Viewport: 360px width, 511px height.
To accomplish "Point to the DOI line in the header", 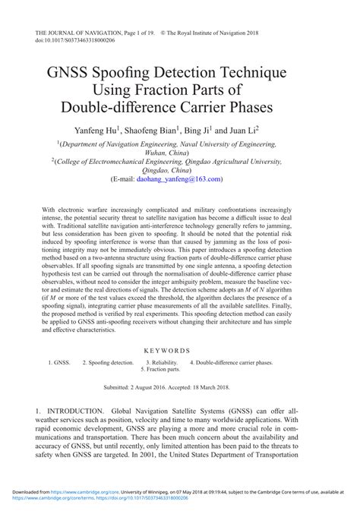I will pos(74,43).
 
